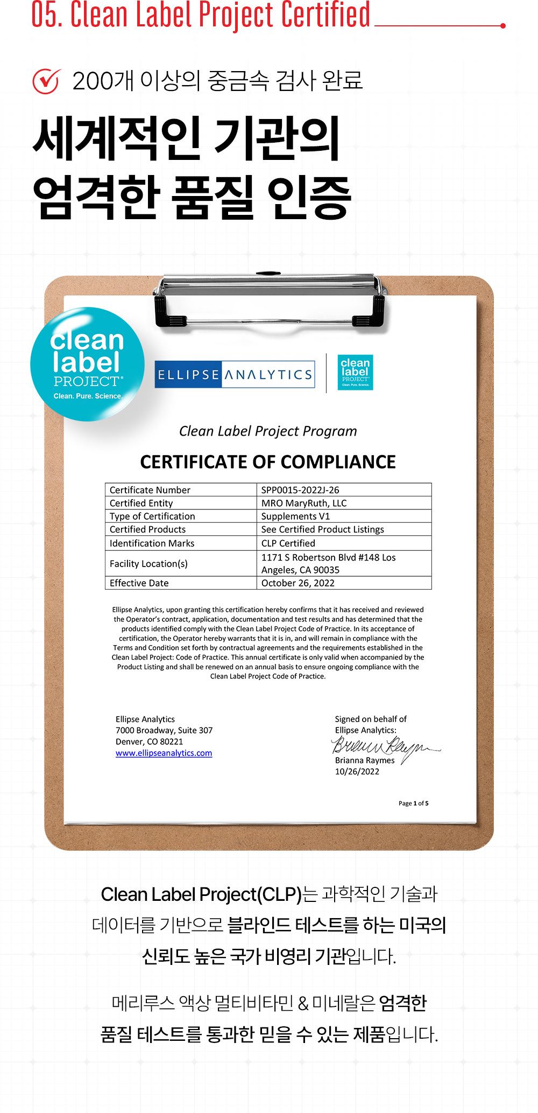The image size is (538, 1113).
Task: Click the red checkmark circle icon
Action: pyautogui.click(x=46, y=81)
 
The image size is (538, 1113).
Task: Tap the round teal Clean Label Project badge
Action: pyautogui.click(x=87, y=365)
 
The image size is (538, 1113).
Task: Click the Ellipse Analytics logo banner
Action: pyautogui.click(x=235, y=375)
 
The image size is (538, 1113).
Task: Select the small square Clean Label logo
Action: pyautogui.click(x=355, y=372)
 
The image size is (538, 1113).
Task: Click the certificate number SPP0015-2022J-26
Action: pyautogui.click(x=300, y=490)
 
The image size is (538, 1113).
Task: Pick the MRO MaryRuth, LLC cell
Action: pyautogui.click(x=304, y=503)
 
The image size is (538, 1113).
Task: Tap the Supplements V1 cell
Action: pyautogui.click(x=295, y=516)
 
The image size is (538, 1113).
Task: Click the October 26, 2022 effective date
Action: pyautogui.click(x=298, y=583)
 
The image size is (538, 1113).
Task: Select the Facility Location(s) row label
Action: pyautogui.click(x=148, y=564)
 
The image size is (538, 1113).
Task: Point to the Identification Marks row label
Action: pyautogui.click(x=152, y=543)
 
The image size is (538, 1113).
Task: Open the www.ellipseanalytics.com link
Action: pyautogui.click(x=164, y=753)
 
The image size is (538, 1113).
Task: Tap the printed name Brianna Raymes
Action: pyautogui.click(x=365, y=760)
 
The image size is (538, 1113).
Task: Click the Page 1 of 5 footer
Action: pyautogui.click(x=413, y=803)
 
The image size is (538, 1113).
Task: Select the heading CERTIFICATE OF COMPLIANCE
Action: pyautogui.click(x=268, y=462)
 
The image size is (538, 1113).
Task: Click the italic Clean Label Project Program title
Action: pyautogui.click(x=268, y=431)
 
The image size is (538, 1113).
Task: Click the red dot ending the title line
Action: pyautogui.click(x=502, y=25)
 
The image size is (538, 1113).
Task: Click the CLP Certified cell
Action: pyautogui.click(x=288, y=543)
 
